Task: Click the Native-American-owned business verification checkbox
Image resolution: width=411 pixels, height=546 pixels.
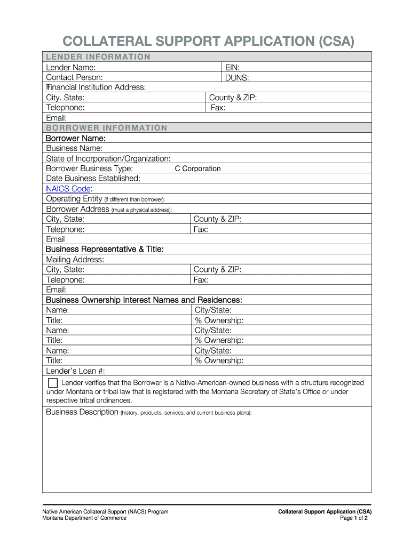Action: coord(52,383)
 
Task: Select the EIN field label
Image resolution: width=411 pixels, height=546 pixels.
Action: coord(232,68)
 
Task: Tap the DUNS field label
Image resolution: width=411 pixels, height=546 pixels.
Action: coord(237,78)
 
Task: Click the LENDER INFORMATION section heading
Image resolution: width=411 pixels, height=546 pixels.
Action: coord(98,57)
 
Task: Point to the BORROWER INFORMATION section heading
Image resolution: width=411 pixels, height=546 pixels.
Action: coord(106,128)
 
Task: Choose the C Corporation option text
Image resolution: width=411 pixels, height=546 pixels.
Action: coord(197,168)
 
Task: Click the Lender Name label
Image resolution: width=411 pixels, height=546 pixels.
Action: coord(71,68)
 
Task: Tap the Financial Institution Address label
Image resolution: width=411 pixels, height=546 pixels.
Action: coord(96,87)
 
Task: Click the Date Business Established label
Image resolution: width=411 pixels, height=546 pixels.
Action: coord(93,179)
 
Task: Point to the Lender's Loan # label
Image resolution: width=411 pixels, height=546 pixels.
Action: coord(75,371)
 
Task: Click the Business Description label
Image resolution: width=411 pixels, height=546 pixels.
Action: coord(82,412)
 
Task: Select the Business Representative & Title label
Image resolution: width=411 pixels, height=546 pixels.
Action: coord(105,250)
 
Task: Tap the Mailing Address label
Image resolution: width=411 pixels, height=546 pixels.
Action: coord(75,260)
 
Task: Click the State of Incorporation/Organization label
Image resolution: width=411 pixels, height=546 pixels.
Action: coord(108,158)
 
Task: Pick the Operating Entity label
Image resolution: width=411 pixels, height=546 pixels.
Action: coord(74,199)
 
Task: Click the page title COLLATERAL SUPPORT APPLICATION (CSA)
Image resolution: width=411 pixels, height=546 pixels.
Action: coord(208,42)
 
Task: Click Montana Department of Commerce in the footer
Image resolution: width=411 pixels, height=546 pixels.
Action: coord(84,518)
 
